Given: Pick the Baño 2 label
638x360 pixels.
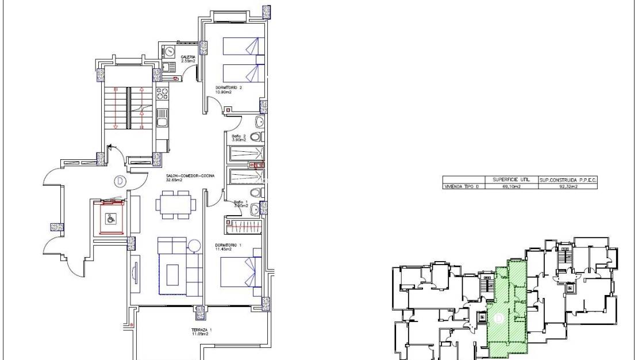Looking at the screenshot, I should tap(238, 138).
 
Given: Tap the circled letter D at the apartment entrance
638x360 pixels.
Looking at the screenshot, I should tap(119, 181).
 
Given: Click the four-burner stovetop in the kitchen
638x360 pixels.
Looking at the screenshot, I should tap(162, 93).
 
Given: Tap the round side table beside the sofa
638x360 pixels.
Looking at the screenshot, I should tap(194, 246).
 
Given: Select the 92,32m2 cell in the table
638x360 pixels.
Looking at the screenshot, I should tap(568, 186).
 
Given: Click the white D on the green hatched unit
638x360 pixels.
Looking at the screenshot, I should tap(499, 317).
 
